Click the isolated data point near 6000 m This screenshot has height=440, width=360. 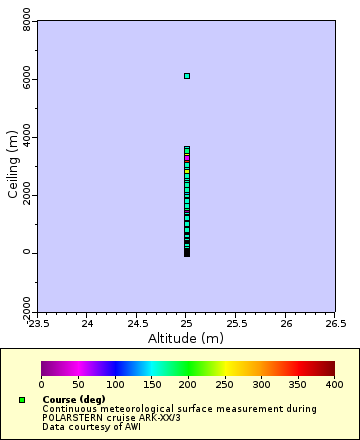pyautogui.click(x=187, y=76)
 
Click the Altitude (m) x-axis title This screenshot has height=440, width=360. pyautogui.click(x=186, y=338)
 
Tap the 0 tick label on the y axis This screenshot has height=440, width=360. pyautogui.click(x=27, y=253)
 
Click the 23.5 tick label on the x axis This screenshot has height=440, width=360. pyautogui.click(x=38, y=323)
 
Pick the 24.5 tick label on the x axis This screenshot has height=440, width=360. pyautogui.click(x=137, y=323)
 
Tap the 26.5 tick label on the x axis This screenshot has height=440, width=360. pyautogui.click(x=334, y=323)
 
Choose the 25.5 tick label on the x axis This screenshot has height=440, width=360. pyautogui.click(x=236, y=323)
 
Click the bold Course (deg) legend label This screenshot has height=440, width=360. pyautogui.click(x=74, y=400)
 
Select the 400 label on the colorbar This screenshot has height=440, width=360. pyautogui.click(x=334, y=384)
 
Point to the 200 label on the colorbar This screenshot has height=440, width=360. pyautogui.click(x=188, y=384)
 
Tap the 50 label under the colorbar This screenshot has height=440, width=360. pyautogui.click(x=78, y=384)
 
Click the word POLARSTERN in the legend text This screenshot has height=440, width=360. pyautogui.click(x=71, y=418)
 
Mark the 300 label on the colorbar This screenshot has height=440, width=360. pyautogui.click(x=261, y=384)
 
